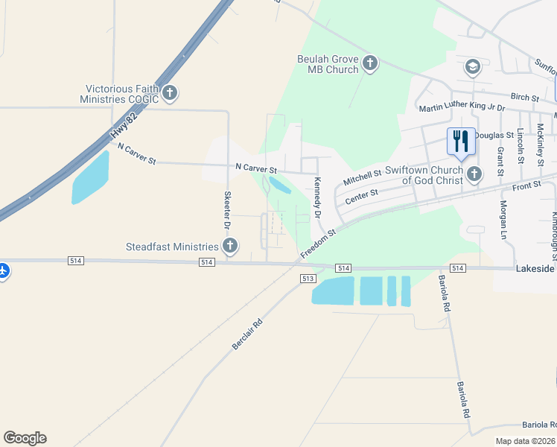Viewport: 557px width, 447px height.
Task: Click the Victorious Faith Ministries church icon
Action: [171, 93]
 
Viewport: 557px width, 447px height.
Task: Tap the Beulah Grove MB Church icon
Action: [370, 64]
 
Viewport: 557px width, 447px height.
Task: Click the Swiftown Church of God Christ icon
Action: [474, 174]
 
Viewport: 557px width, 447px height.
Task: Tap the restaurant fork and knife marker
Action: [461, 140]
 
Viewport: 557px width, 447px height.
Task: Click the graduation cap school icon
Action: [472, 68]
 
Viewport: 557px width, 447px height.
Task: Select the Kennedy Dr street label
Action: [318, 197]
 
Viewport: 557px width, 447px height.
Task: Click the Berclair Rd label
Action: [248, 335]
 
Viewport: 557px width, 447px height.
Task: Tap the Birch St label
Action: [524, 97]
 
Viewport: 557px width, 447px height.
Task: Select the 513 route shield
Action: [308, 278]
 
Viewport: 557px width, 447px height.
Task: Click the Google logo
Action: [25, 438]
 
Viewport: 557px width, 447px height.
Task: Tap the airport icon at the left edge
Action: [3, 270]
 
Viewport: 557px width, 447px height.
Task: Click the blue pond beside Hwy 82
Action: [90, 180]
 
